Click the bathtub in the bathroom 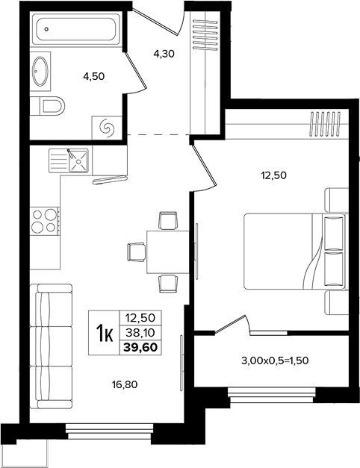click(x=75, y=29)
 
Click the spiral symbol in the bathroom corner click(x=107, y=128)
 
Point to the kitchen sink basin click(x=78, y=161)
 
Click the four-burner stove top click(x=45, y=220)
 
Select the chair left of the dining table click(x=136, y=252)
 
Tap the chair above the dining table click(x=169, y=220)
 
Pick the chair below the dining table click(x=168, y=283)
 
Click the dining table click(x=167, y=252)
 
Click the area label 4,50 click(x=94, y=77)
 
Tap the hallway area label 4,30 click(x=164, y=54)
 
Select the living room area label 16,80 click(x=125, y=384)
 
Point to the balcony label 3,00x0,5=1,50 click(x=275, y=361)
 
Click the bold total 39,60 click(x=140, y=347)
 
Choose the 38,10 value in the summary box click(x=140, y=332)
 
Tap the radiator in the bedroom click(x=326, y=124)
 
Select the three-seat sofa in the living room click(x=51, y=346)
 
